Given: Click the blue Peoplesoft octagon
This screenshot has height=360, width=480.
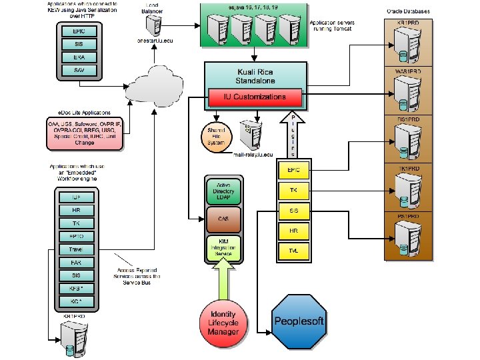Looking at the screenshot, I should click(299, 322).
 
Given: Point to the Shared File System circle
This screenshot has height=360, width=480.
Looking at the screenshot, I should click(216, 135).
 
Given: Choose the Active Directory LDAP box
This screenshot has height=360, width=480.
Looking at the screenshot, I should click(224, 192).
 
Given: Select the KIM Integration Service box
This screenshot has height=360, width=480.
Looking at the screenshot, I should click(224, 247).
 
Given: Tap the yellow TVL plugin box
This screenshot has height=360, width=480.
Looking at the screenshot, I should click(293, 251).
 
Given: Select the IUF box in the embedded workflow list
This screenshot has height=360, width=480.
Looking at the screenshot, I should click(76, 197).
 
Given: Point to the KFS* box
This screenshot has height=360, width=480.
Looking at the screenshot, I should click(76, 288).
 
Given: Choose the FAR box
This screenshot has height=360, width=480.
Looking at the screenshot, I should click(76, 262).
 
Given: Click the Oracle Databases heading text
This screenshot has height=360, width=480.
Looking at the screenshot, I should click(408, 11).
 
